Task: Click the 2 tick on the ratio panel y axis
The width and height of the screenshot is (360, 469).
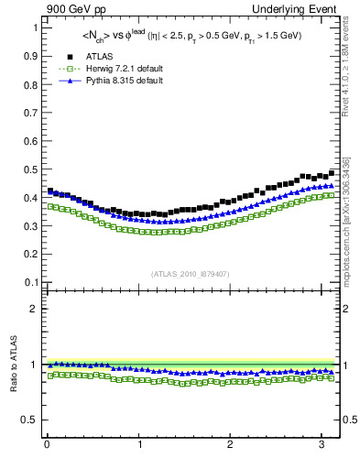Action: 34,309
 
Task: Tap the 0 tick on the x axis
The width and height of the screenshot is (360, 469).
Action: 47,445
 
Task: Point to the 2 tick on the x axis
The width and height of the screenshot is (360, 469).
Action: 231,445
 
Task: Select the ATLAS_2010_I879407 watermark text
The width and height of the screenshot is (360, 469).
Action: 190,272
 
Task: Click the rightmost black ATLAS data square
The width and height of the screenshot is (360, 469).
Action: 332,173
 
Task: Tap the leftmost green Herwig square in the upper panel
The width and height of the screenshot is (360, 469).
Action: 50,206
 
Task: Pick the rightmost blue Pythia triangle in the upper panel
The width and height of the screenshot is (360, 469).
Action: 332,186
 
